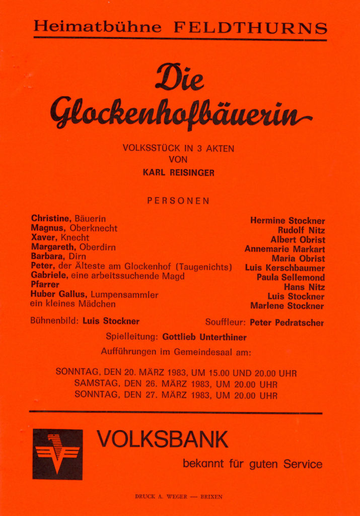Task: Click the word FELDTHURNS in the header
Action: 250,27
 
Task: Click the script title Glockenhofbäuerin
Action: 179,111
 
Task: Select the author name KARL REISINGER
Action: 178,173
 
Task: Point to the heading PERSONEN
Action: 178,201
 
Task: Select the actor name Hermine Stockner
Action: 287,221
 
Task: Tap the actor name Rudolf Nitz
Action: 301,230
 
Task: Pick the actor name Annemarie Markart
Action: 284,249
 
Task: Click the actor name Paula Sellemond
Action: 291,278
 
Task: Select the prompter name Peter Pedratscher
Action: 286,322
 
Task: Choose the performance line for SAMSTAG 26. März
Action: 176,384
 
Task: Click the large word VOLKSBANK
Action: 162,439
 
